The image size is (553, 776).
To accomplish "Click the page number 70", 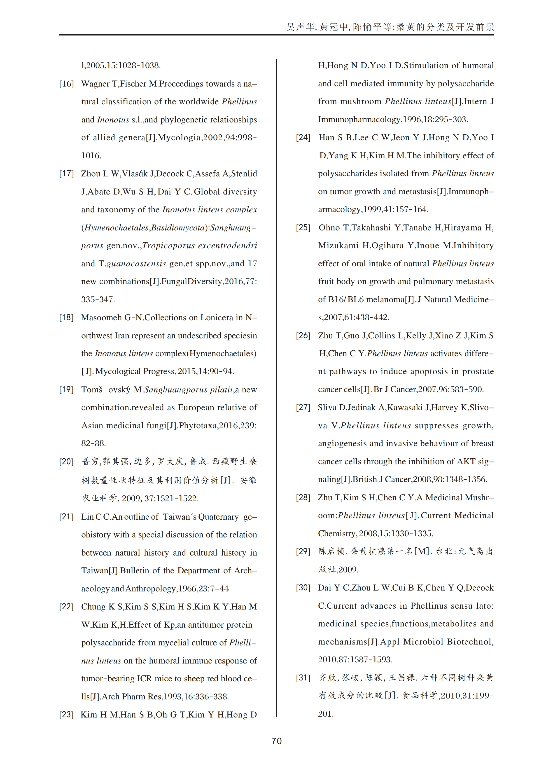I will (276, 741).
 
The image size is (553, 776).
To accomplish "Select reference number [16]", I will (66, 84).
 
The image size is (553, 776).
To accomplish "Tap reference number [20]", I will (66, 462).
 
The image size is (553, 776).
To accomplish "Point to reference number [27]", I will (303, 408).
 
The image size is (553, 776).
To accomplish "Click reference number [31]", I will (303, 678).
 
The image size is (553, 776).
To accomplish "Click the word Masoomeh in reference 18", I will (101, 317).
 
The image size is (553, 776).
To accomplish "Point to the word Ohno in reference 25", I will (329, 227).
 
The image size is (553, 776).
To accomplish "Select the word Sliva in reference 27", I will (327, 408).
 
